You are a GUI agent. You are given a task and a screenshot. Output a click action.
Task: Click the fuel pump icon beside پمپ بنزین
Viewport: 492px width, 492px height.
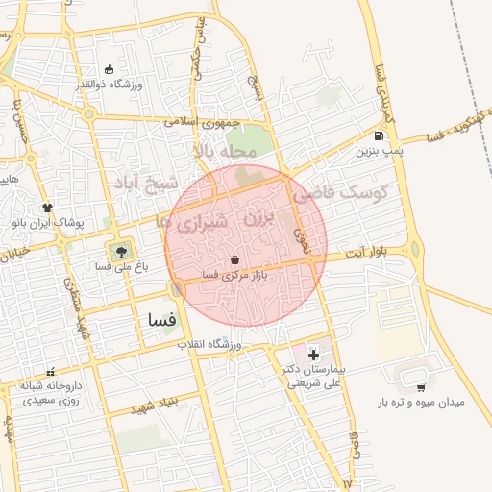381,135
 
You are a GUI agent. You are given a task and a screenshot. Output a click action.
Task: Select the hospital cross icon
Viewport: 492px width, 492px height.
313,356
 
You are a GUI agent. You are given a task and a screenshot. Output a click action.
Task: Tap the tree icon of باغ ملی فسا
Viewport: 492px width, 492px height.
121,255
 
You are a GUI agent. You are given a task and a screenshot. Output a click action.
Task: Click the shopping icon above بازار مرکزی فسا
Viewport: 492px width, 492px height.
235,259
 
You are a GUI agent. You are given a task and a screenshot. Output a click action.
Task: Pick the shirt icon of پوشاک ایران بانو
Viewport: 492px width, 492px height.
47,207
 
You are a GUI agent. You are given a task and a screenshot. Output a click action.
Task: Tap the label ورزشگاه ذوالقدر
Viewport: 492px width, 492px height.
109,85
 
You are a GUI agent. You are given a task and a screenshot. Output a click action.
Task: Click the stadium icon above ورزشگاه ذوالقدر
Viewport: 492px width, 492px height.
109,69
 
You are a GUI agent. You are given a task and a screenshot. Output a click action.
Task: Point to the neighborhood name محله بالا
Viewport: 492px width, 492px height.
225,151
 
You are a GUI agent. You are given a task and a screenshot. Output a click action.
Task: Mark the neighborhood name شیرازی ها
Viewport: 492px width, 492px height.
196,224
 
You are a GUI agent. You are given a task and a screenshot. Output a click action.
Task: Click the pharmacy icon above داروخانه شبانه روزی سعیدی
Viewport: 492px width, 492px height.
49,372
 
